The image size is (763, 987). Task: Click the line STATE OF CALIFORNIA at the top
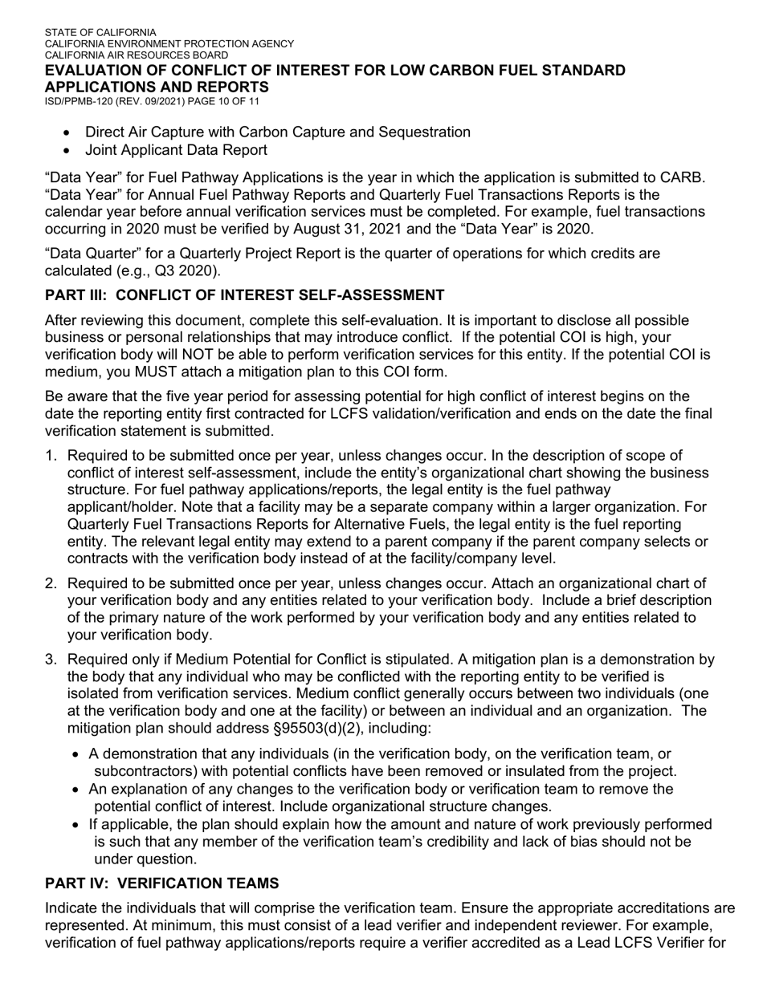100,33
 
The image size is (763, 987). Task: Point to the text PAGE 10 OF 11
231,101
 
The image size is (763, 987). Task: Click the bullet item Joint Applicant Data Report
176,150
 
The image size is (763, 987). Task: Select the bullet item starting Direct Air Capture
277,132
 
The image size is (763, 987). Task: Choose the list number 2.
50,583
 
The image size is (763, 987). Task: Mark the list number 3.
50,660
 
